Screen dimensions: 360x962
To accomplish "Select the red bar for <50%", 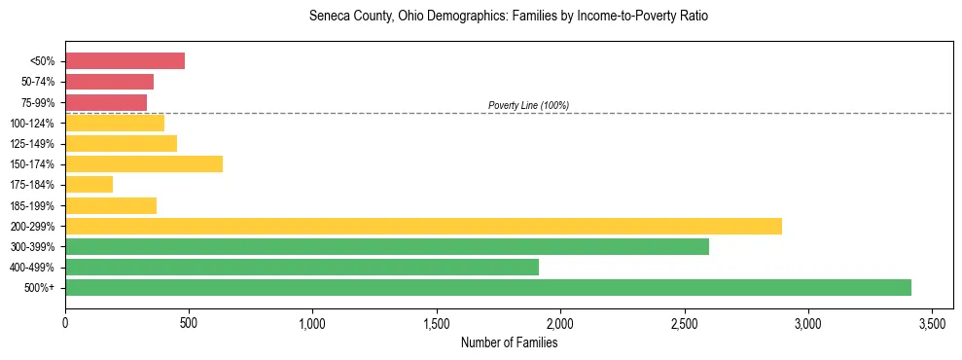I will point(125,61).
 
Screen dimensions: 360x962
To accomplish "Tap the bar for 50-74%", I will point(109,82).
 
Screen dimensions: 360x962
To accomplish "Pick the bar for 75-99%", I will point(106,102).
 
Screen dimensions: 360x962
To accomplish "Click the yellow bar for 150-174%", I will point(144,163).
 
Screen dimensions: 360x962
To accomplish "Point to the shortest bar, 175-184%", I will point(89,184).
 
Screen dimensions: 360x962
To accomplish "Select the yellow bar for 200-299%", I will point(423,226).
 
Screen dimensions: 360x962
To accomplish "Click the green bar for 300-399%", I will point(387,246).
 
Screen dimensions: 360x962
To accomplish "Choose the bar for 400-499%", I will point(302,267).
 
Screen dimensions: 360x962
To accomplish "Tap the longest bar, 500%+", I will point(488,287).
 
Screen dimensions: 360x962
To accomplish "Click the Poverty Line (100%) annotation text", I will point(528,105).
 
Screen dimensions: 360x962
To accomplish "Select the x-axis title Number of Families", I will point(509,342).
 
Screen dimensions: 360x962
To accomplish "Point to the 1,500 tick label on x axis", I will point(437,322).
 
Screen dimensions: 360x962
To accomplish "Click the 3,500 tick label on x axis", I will point(932,322).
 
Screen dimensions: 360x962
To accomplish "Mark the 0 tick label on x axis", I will point(65,322).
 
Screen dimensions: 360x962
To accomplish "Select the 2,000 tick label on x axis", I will point(560,322).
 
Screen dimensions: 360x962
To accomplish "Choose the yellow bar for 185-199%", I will point(111,205).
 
